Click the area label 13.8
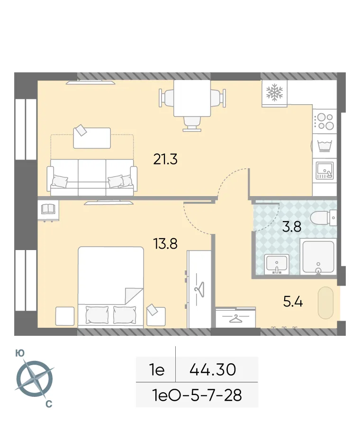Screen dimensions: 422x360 165,244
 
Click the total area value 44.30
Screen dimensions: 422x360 213,369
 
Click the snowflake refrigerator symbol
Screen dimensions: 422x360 274,93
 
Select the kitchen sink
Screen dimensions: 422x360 325,170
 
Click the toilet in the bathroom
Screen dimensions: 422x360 324,218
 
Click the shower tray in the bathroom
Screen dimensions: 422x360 318,257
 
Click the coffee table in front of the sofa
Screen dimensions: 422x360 92,137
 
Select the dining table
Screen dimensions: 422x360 192,99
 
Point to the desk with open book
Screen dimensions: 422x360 48,209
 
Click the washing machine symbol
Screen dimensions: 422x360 325,145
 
